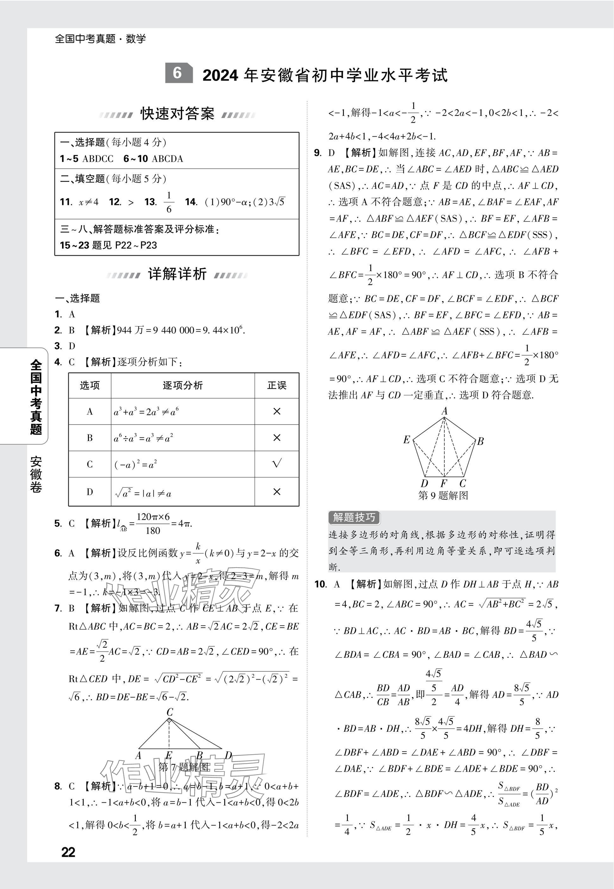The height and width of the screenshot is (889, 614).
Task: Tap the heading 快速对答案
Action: [x=177, y=114]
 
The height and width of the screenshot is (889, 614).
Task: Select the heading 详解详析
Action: [x=177, y=274]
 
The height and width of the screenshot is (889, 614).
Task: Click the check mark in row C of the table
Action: [x=277, y=463]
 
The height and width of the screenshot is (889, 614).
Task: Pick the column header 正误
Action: [x=277, y=385]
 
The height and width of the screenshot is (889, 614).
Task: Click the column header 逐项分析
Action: [x=182, y=385]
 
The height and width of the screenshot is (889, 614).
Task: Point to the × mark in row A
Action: [x=277, y=411]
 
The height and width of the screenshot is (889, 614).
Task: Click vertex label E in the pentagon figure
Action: [x=406, y=439]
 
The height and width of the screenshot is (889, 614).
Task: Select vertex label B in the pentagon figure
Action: [x=480, y=441]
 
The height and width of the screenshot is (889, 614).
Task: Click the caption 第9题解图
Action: [x=443, y=496]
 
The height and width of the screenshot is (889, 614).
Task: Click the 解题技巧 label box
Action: [x=354, y=518]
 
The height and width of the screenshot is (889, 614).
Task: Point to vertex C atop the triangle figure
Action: [x=170, y=712]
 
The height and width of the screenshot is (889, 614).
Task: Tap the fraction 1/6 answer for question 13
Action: [x=169, y=202]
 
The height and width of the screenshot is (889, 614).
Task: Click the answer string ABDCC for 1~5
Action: [x=98, y=159]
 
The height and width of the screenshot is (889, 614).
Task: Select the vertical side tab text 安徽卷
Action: [x=36, y=474]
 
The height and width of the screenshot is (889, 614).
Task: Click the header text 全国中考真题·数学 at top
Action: [x=100, y=39]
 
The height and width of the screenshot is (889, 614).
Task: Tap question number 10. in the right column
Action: [x=321, y=584]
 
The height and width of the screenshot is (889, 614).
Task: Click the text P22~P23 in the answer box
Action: [x=136, y=245]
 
